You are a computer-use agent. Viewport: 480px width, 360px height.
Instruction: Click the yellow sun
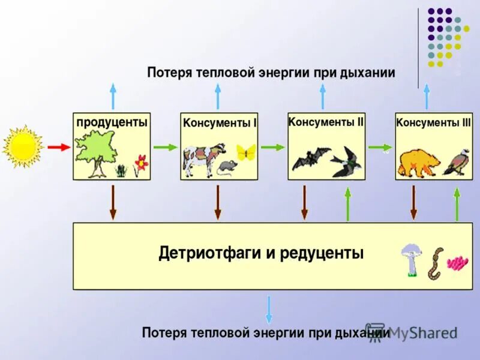point(23,146)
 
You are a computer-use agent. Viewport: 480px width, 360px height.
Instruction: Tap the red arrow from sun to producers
point(58,146)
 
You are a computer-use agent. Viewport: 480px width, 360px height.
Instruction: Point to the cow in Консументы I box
point(203,158)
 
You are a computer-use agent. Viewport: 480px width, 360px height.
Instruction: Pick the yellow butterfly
point(245,152)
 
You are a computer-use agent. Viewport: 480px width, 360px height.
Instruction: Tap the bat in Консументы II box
point(311,158)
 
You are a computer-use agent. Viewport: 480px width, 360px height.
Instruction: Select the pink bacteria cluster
point(457,263)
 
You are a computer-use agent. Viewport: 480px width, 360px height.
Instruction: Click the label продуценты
point(112,122)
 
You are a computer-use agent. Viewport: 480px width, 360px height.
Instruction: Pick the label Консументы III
point(433,122)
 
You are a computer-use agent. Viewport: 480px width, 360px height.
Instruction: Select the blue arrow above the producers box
point(112,96)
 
